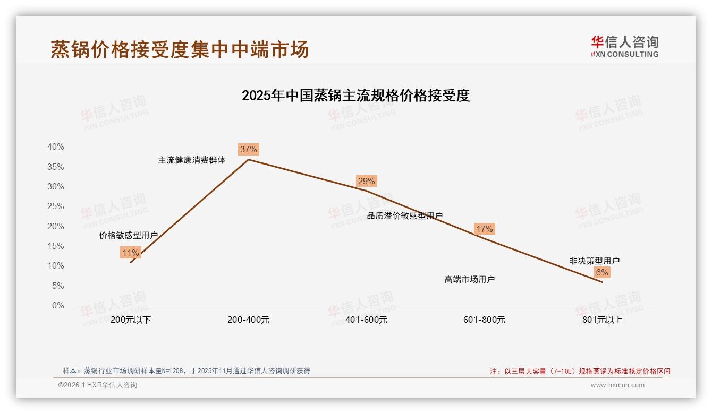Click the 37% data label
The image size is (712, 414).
248,149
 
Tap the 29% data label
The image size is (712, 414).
366,181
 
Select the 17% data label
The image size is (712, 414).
484,229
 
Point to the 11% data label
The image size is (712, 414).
130,253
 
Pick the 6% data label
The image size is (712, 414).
601,272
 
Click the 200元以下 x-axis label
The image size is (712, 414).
131,320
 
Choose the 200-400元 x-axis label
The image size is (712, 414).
249,320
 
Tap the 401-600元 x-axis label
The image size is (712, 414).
367,320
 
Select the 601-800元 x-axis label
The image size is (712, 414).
484,320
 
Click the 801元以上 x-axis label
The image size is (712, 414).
602,320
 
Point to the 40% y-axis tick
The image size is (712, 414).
56,147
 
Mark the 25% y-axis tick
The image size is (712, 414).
56,206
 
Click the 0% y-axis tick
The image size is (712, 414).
58,306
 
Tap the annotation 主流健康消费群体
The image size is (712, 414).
192,160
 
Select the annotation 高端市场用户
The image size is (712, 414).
469,279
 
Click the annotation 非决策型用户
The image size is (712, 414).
594,261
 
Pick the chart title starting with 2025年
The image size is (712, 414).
355,96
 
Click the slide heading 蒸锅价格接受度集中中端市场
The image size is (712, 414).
180,49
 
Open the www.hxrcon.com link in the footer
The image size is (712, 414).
617,385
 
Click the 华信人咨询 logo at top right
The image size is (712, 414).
624,46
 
